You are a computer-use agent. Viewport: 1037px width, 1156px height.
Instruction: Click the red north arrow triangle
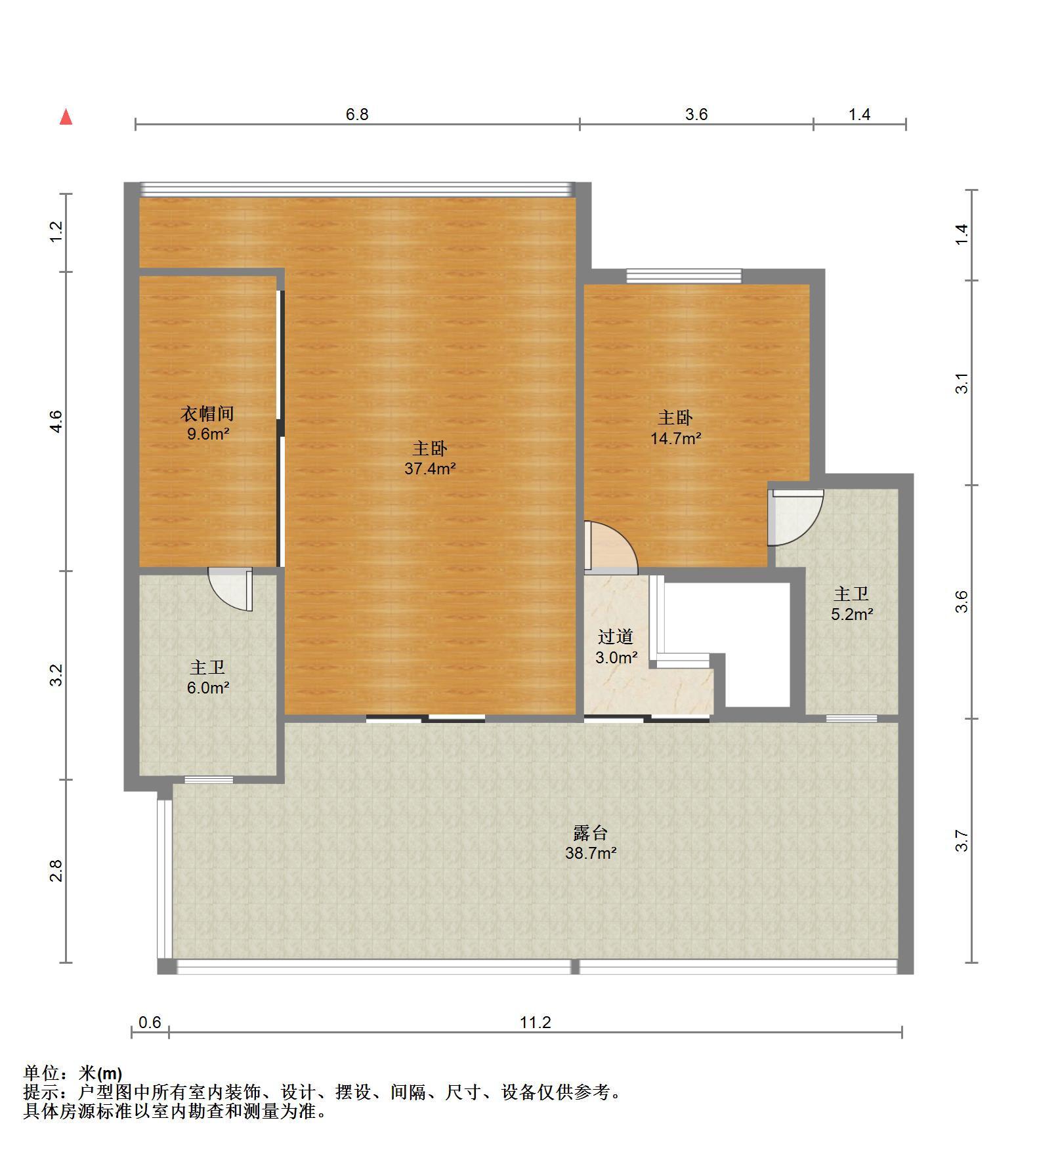tap(66, 117)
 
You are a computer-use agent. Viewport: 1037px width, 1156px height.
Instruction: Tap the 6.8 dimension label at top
tap(357, 115)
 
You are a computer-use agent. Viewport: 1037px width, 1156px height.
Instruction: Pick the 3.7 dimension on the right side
tap(962, 840)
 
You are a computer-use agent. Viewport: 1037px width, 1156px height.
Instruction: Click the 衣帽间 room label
tap(207, 413)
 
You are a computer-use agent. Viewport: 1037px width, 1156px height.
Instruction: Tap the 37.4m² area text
tap(430, 468)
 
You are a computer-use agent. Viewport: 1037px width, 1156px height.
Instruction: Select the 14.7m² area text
tap(676, 438)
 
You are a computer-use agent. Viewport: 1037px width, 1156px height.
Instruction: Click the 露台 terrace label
tap(591, 833)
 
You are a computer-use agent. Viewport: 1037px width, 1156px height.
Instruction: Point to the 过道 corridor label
tap(616, 636)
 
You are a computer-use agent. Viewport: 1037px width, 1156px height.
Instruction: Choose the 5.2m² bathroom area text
tap(852, 614)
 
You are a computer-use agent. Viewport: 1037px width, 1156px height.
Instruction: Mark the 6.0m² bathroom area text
tap(208, 688)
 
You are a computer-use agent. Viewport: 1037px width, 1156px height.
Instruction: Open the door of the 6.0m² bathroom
tap(230, 588)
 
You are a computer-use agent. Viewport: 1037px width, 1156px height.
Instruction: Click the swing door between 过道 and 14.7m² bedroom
tap(610, 547)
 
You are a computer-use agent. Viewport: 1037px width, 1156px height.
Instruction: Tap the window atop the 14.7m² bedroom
tap(684, 276)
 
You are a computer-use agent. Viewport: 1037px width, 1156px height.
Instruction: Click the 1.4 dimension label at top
tap(859, 115)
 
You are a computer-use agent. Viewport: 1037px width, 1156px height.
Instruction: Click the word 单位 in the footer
tap(41, 1073)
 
